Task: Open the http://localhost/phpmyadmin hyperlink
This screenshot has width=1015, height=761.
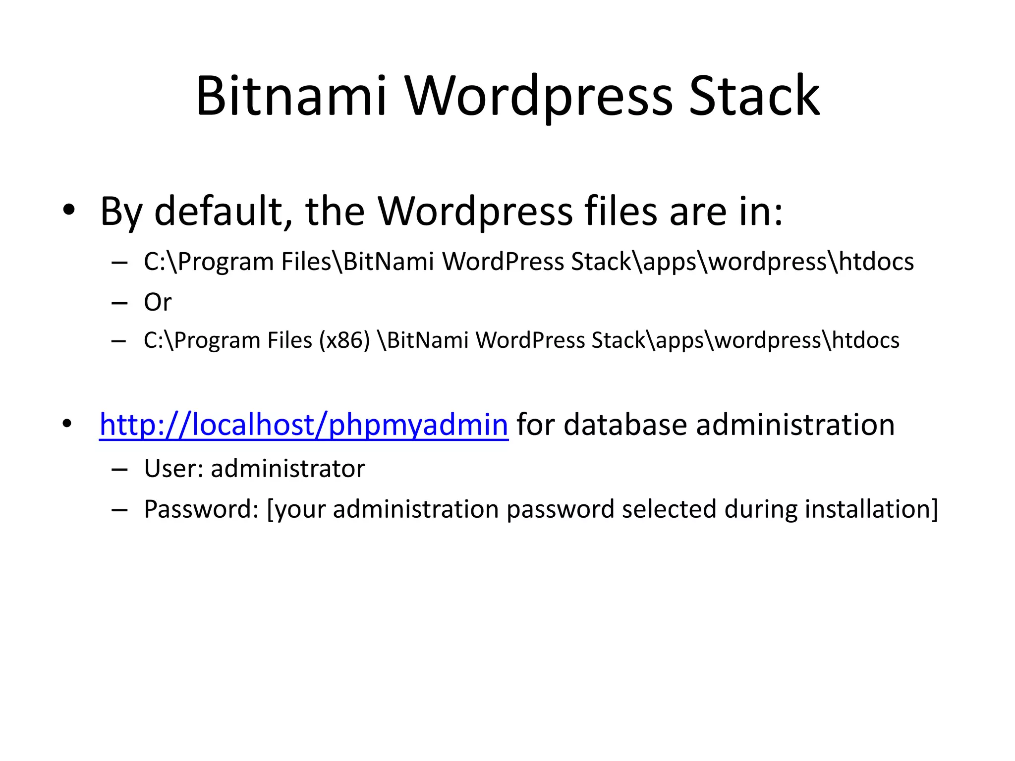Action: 304,425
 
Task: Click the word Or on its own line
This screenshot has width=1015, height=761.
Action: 158,302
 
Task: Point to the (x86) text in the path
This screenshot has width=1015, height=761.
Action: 344,340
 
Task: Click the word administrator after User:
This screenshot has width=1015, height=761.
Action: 288,469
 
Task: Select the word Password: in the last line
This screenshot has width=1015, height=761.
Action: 201,509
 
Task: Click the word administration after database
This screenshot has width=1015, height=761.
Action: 795,425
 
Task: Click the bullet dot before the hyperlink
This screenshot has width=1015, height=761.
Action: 67,424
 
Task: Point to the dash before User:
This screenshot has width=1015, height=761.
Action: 119,469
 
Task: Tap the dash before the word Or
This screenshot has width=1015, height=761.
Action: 119,303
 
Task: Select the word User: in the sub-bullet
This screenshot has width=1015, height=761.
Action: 173,469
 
